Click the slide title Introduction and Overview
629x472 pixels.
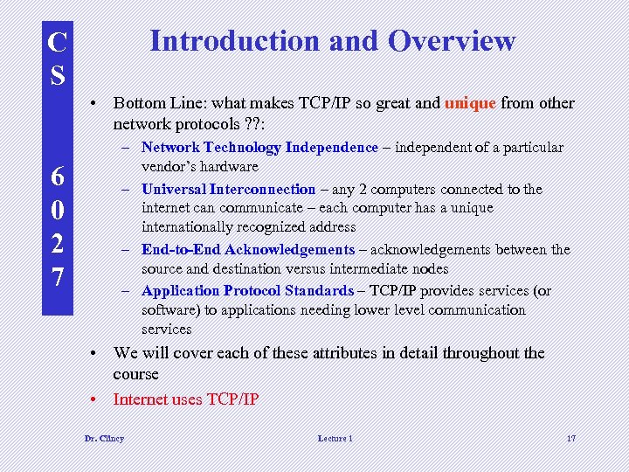333,41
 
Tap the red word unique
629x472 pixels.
471,103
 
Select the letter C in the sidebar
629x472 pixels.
58,42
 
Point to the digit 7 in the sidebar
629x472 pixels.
58,278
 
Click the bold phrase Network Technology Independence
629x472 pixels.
259,148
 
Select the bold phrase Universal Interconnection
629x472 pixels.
228,189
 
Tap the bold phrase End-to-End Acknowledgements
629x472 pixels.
248,250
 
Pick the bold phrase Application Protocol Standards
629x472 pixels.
248,291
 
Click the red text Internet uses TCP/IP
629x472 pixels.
186,399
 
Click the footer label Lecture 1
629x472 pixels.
335,438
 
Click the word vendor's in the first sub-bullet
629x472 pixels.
167,167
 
